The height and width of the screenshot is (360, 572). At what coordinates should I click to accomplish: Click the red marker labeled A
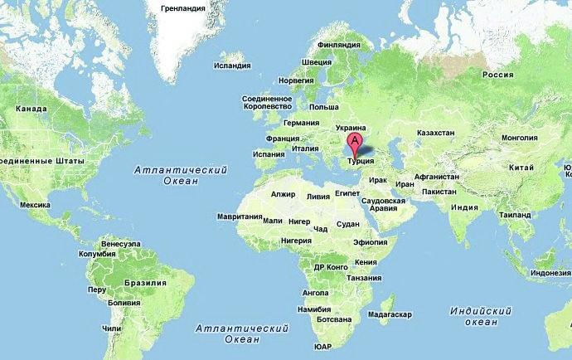tap(355, 142)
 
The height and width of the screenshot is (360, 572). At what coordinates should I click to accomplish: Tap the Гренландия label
tap(182, 8)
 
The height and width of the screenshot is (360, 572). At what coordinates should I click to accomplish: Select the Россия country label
tap(497, 75)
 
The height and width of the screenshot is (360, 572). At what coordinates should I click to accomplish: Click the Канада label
tap(31, 109)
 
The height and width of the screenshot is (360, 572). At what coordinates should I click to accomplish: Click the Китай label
tap(521, 168)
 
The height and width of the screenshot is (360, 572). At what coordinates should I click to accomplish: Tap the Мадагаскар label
tap(389, 315)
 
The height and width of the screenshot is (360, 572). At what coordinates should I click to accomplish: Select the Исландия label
tap(232, 65)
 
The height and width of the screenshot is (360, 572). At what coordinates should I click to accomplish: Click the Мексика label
tap(36, 204)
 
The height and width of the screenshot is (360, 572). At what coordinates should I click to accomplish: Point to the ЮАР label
tap(323, 346)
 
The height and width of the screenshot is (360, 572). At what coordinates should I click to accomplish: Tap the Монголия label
tap(521, 137)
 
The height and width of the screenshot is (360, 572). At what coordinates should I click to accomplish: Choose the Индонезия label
tap(550, 273)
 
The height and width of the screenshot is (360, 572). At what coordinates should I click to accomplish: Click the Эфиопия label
tap(370, 241)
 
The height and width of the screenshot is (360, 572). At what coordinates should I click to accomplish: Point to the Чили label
tap(112, 328)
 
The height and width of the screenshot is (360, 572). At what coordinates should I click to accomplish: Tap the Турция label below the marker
tap(361, 162)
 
